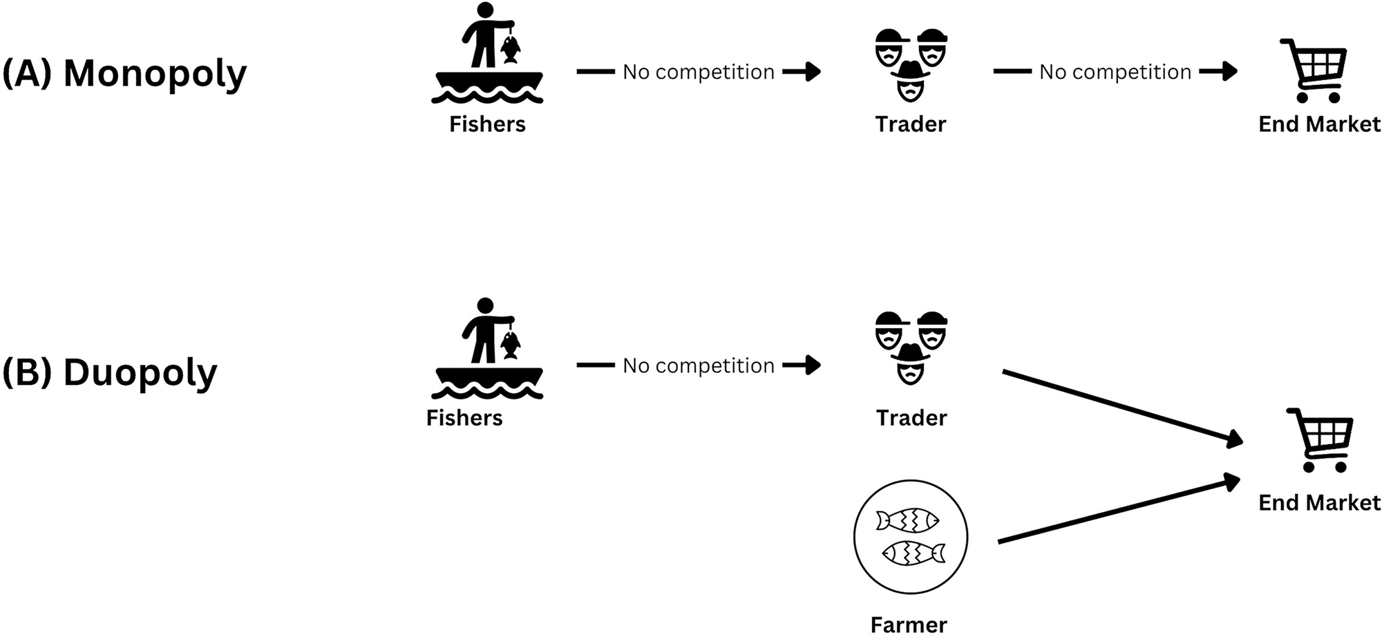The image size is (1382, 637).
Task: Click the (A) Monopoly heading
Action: click(124, 73)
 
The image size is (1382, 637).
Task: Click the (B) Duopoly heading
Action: click(110, 372)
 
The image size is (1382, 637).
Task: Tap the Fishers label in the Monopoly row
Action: click(487, 124)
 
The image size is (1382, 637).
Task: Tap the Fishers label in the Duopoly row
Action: click(464, 418)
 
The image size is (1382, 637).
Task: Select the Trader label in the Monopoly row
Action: click(910, 124)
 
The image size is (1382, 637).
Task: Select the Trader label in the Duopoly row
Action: click(911, 418)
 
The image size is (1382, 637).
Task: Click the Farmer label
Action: click(909, 625)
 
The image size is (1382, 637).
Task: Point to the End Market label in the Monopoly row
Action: click(1319, 124)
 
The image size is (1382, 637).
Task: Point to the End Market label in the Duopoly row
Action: click(1319, 502)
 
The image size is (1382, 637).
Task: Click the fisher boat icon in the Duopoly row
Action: click(488, 349)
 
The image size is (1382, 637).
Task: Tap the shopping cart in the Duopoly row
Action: click(1321, 439)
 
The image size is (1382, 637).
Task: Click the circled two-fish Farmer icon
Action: click(911, 537)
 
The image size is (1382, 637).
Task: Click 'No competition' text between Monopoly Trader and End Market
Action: click(1115, 72)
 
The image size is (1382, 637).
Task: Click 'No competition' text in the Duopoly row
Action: click(699, 365)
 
